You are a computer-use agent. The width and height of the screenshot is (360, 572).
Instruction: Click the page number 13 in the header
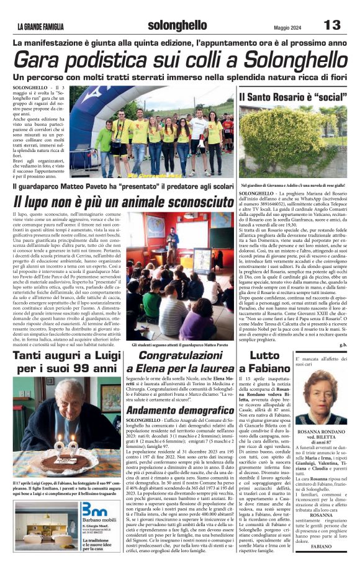[332, 25]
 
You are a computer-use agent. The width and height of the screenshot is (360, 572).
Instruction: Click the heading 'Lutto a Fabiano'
[271, 362]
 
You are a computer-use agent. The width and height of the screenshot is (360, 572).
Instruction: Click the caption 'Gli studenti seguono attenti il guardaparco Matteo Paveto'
[180, 344]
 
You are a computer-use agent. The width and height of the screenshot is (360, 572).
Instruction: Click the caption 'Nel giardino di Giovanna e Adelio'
[292, 185]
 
